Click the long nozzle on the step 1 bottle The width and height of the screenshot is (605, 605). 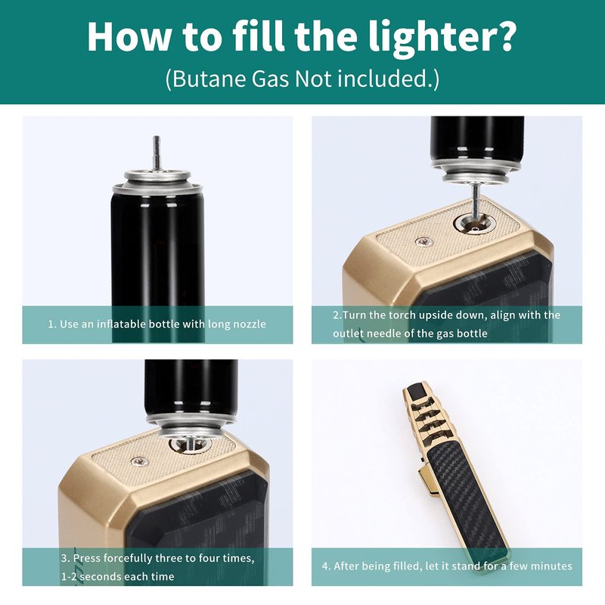click(157, 153)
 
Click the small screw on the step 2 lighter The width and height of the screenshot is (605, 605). click(424, 242)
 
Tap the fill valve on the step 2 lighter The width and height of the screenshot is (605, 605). click(475, 225)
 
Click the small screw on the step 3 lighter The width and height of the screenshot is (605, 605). click(140, 461)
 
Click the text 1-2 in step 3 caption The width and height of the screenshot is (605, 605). click(69, 576)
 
